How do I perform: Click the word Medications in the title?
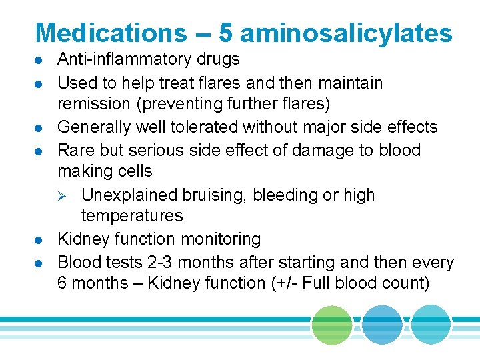click(111, 33)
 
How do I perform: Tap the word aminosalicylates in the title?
click(347, 33)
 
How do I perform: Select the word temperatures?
click(131, 216)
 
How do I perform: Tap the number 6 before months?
click(62, 283)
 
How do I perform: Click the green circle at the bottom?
click(331, 325)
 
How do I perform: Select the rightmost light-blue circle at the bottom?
click(431, 325)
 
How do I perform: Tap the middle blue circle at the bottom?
click(382, 325)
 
